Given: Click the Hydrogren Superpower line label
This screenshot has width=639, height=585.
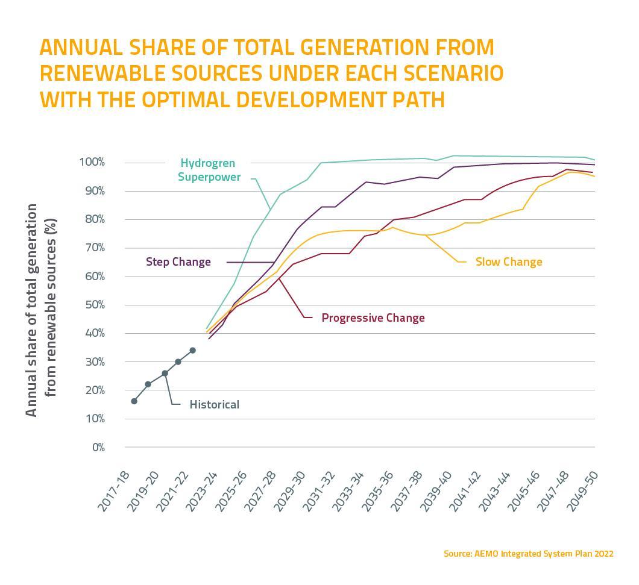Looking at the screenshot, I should [x=209, y=170].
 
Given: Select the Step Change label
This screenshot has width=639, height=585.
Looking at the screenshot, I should [x=178, y=262].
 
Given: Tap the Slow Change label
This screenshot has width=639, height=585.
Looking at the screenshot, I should [x=509, y=261].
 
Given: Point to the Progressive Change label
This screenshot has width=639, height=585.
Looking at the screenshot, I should [x=373, y=318].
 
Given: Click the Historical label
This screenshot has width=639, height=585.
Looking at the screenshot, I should [x=214, y=404].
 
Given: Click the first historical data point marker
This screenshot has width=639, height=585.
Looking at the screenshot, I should [x=134, y=401].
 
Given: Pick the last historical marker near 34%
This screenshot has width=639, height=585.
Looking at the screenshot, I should [x=192, y=350].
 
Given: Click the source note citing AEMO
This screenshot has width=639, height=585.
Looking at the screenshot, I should [x=528, y=553].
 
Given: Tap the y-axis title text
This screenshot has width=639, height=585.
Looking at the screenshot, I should [x=41, y=310].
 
